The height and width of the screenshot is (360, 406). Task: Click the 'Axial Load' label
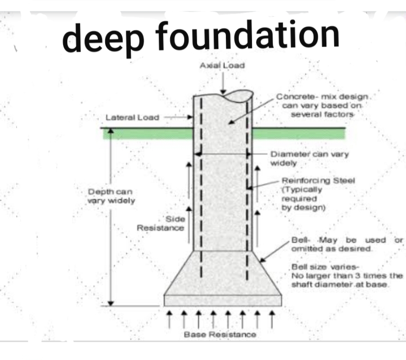(222, 65)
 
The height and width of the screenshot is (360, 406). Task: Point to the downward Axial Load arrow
(222, 82)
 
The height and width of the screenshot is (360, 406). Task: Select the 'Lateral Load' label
(132, 118)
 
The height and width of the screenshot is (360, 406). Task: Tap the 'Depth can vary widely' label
(112, 196)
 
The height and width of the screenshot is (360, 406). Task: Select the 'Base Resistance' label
(220, 334)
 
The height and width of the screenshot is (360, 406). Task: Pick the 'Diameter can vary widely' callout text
(309, 158)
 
